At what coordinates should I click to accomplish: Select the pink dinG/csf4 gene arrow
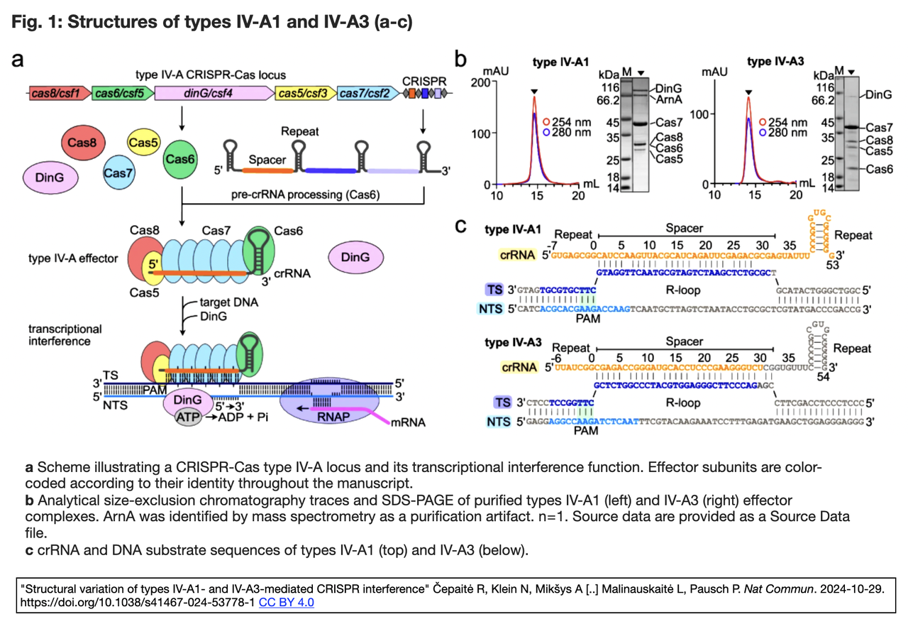click(214, 93)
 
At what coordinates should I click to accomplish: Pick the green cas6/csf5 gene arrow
click(121, 93)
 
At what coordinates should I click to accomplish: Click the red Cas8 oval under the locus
click(84, 144)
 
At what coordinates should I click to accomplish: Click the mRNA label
click(411, 423)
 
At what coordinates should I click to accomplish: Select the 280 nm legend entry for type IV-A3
click(787, 132)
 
